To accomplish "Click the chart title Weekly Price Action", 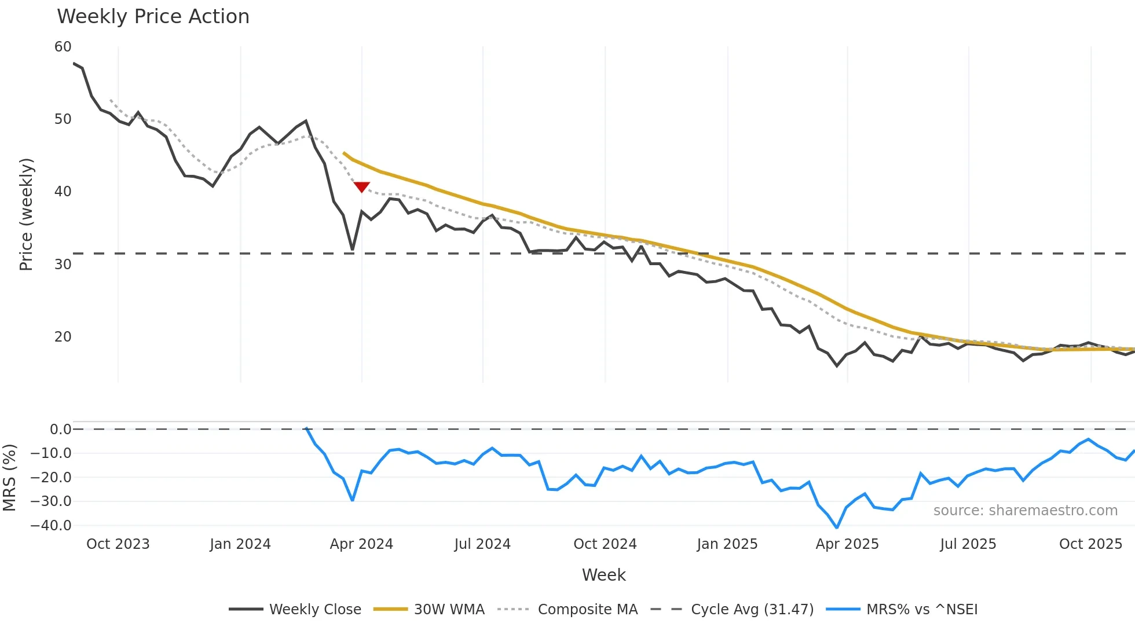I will pos(153,17).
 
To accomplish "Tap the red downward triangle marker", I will pos(362,187).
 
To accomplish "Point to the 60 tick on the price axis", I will pos(63,47).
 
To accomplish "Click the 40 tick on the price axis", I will pos(63,192).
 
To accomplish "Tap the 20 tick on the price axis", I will pos(63,337).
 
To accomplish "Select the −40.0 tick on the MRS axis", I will pos(52,526).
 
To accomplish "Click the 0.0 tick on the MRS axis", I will pos(60,430).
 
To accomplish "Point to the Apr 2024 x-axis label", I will pos(361,544).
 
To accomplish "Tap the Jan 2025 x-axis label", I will pos(727,544).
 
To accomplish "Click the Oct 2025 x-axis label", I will pos(1090,544).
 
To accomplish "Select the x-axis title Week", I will pos(603,575).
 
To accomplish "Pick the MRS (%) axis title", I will pos(9,478).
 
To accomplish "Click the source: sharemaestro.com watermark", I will pos(1025,511).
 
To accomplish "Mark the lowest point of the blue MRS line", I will pos(837,527).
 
